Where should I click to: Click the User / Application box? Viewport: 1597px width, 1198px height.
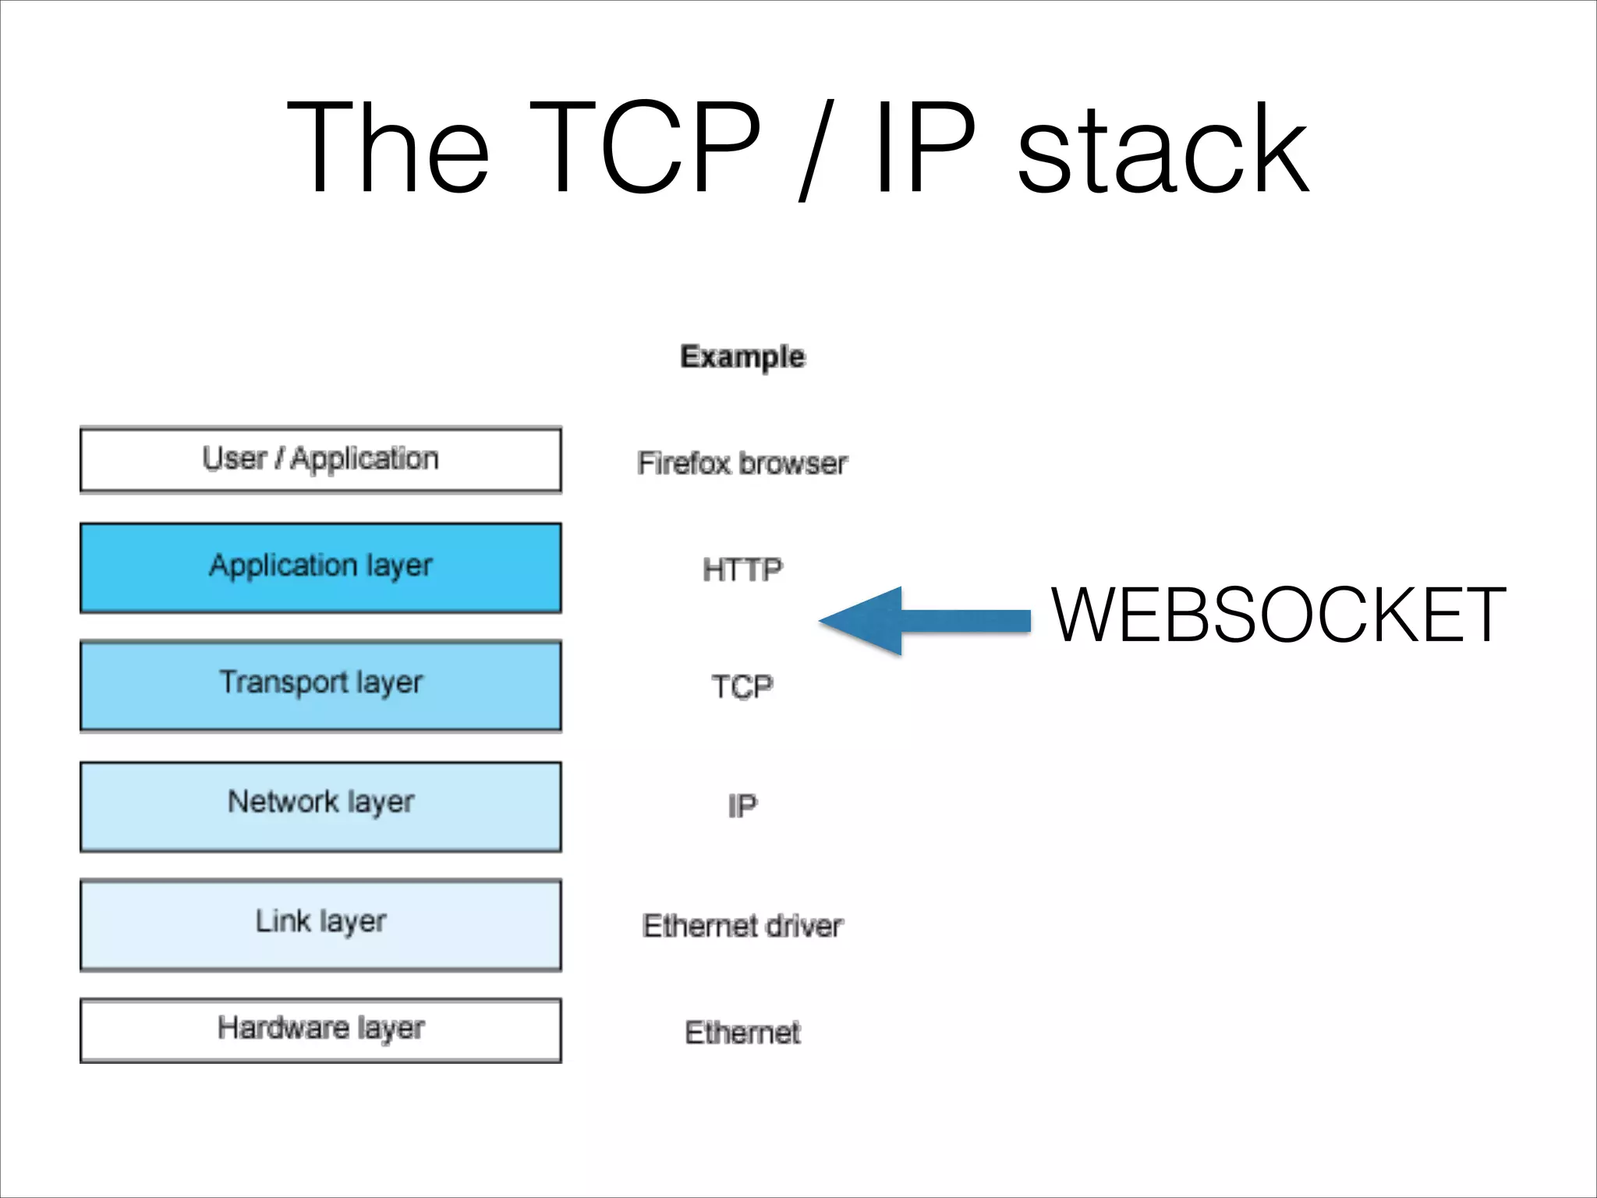[320, 459]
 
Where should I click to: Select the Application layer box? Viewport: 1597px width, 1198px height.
[320, 567]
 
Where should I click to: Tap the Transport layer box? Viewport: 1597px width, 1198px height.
[320, 685]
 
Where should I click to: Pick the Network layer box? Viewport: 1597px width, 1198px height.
[320, 806]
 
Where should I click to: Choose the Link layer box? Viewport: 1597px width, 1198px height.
[320, 924]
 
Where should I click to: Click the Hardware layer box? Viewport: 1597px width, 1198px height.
[320, 1030]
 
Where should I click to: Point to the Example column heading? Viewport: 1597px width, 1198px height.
[742, 356]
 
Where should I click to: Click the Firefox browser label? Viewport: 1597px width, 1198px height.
[742, 463]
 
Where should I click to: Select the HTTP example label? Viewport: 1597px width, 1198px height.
[742, 569]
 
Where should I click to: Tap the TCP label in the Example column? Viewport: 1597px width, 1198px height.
[742, 687]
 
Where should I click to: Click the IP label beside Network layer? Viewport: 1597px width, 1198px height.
[742, 806]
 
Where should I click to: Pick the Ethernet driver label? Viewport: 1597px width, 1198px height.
[742, 926]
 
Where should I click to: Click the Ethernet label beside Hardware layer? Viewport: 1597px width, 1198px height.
[742, 1033]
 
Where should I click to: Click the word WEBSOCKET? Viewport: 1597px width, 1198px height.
[1278, 615]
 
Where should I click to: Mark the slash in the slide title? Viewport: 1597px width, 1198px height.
[816, 150]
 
